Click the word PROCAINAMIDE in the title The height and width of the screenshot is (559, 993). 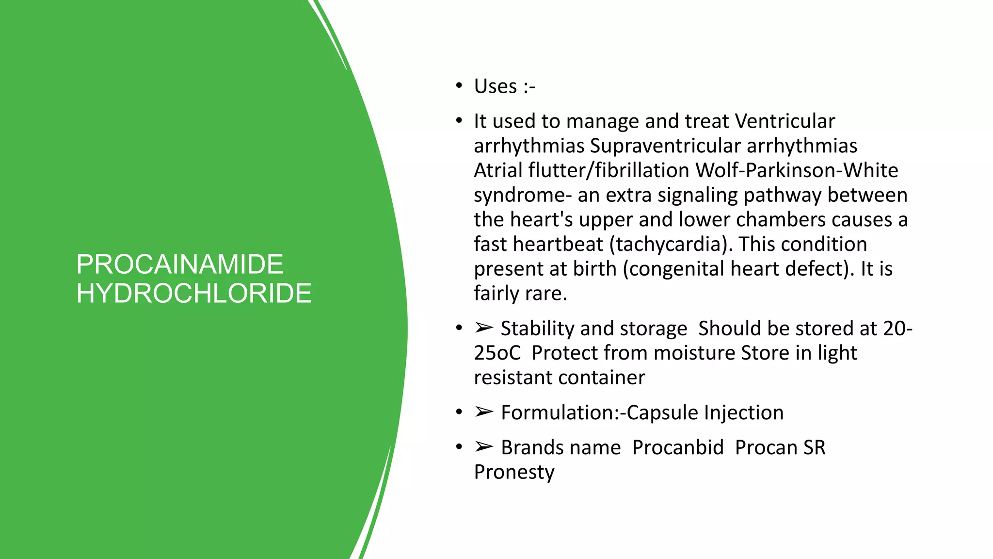click(179, 264)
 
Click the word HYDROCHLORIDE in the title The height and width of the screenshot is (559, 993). click(194, 294)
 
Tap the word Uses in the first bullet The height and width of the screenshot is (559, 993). click(495, 86)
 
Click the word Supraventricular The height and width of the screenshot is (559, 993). click(665, 146)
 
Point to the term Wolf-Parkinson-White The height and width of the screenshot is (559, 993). click(797, 171)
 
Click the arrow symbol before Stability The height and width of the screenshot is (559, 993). click(484, 328)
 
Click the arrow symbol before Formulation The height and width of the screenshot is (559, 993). click(484, 412)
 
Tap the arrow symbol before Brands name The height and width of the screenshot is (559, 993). click(484, 446)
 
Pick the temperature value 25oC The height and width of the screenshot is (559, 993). click(497, 353)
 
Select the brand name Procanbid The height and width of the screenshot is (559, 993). click(677, 447)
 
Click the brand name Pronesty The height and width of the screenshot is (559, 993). click(514, 472)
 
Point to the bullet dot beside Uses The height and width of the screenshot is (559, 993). click(459, 86)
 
